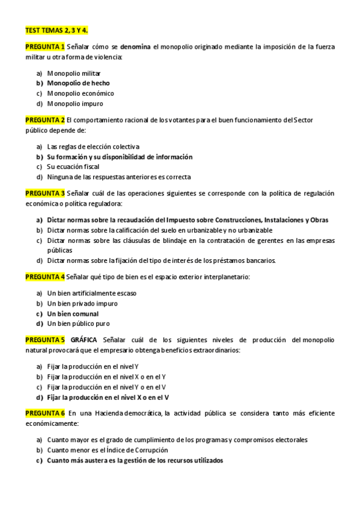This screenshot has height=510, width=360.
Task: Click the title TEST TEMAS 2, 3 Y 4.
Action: [x=56, y=29]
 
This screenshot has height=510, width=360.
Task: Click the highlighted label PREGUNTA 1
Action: [x=45, y=46]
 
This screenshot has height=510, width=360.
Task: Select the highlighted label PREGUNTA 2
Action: [x=45, y=120]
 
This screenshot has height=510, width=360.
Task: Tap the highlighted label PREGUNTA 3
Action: [x=45, y=193]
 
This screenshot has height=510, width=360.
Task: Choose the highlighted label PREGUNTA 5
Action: [x=45, y=340]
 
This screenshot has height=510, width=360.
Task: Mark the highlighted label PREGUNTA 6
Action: [x=45, y=413]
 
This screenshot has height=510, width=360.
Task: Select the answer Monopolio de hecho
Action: [x=78, y=83]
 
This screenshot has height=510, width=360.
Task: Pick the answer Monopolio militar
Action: [x=75, y=73]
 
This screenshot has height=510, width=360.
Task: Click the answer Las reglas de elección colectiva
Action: [x=93, y=146]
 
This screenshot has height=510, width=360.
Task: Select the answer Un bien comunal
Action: [x=73, y=313]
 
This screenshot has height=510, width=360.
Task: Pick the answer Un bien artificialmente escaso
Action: [x=91, y=293]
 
